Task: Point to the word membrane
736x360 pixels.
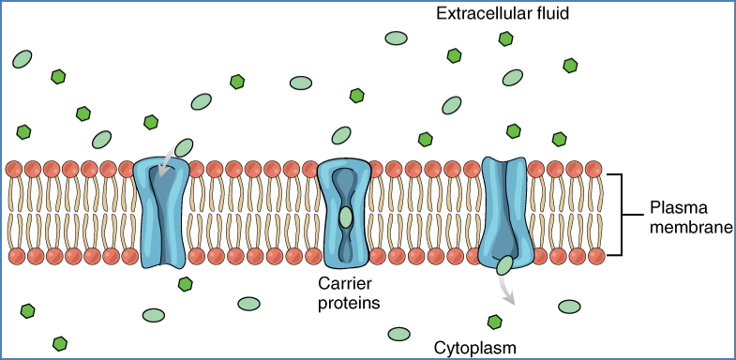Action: click(x=692, y=227)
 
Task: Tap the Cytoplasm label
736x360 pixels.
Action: click(x=473, y=348)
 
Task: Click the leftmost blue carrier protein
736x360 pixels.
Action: click(x=162, y=213)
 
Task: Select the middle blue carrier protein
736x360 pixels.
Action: click(x=346, y=215)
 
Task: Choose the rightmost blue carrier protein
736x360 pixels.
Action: click(x=505, y=210)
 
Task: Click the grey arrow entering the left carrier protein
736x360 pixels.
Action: click(x=166, y=160)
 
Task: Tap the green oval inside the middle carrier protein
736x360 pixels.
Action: click(x=346, y=217)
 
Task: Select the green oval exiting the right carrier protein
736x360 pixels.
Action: click(x=504, y=265)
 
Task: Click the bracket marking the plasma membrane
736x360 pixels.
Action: click(x=615, y=215)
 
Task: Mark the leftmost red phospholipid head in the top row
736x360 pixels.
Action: click(x=14, y=170)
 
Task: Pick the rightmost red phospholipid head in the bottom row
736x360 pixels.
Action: click(x=597, y=255)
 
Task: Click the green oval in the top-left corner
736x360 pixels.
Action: click(x=23, y=60)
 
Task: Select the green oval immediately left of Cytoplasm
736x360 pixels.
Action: click(x=399, y=333)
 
